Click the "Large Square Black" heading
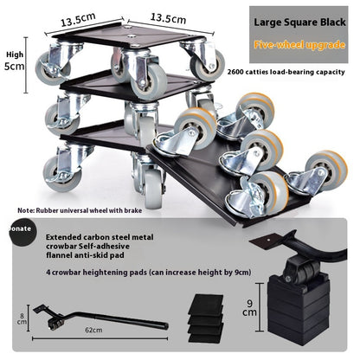[299, 22]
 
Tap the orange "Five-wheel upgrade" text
[299, 45]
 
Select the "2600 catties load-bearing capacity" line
[286, 72]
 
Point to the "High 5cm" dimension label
[15, 61]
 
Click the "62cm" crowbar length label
[93, 330]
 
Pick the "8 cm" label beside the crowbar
[22, 318]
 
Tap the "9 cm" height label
[249, 307]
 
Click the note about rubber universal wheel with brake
[80, 210]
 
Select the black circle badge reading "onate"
[20, 232]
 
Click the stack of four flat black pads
[206, 318]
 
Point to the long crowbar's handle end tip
[167, 325]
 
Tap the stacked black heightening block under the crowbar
[298, 310]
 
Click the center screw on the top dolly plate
[132, 36]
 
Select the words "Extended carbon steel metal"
[100, 237]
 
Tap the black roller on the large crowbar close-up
[299, 269]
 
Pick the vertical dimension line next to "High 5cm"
[26, 65]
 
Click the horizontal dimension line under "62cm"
[100, 338]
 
